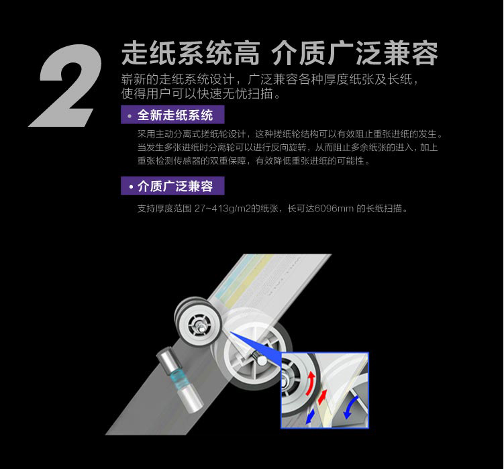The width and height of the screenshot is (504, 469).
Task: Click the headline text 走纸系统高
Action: (191, 54)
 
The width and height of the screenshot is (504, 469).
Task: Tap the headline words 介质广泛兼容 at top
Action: (354, 54)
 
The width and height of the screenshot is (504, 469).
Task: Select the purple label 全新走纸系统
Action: (172, 115)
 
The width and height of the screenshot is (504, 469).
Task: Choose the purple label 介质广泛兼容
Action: (172, 186)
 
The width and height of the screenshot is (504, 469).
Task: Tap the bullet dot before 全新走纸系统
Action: (130, 115)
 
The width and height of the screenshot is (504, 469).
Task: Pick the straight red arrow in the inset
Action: (322, 397)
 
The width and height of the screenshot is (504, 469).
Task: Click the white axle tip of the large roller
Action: (262, 361)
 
